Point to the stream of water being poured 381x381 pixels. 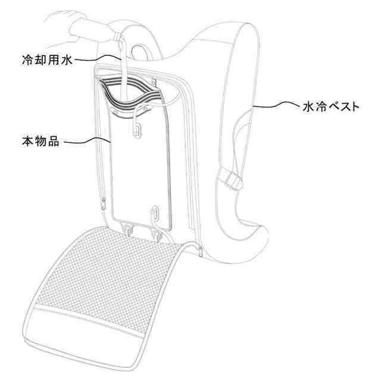pos(123,65)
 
